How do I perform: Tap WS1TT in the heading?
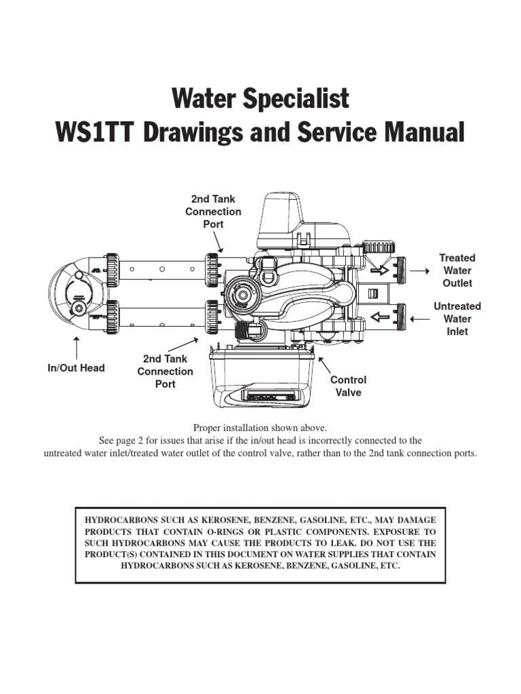click(96, 132)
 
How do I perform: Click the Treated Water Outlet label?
click(457, 270)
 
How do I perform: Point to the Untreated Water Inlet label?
click(457, 319)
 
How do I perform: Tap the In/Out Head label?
click(76, 368)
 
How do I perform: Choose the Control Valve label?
click(348, 386)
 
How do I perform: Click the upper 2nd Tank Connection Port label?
click(213, 211)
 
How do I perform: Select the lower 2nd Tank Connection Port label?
click(166, 371)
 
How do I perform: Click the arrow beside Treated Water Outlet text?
click(419, 271)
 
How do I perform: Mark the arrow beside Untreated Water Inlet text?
click(419, 319)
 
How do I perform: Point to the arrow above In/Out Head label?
click(77, 348)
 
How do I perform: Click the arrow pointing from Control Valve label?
click(324, 365)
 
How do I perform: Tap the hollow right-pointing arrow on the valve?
click(380, 270)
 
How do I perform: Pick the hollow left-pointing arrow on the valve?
click(380, 317)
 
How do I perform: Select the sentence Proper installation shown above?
click(260, 428)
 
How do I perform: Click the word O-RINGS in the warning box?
click(231, 531)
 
